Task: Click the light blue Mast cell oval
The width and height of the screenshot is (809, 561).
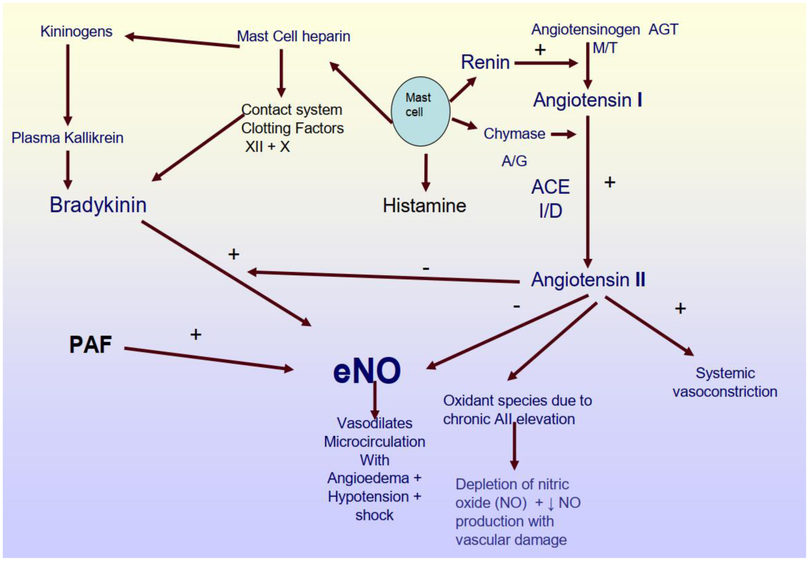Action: (x=420, y=111)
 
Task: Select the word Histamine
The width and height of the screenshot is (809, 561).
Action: (x=424, y=206)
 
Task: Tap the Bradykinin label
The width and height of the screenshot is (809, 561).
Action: (x=98, y=205)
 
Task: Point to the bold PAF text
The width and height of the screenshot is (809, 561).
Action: (x=90, y=345)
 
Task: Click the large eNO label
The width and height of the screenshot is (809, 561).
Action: (x=367, y=371)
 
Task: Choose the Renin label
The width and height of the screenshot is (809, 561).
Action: (x=485, y=62)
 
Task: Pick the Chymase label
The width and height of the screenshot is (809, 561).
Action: (x=514, y=134)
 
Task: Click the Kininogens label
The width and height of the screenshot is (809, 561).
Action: (x=76, y=32)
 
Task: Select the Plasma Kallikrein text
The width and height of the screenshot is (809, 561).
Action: (x=67, y=138)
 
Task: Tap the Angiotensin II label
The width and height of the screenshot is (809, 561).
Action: (x=588, y=280)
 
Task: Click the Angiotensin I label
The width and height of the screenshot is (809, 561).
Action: (x=587, y=100)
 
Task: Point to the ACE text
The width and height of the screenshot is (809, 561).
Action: (x=550, y=187)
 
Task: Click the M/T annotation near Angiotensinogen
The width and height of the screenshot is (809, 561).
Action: (x=605, y=48)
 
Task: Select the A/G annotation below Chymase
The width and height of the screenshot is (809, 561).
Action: (x=514, y=161)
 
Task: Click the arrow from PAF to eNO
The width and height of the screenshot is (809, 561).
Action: (x=208, y=359)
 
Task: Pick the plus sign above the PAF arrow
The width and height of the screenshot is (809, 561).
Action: (x=195, y=335)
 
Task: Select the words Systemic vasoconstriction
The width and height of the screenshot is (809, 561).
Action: (x=725, y=382)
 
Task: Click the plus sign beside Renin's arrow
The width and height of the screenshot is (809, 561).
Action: (x=540, y=50)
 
